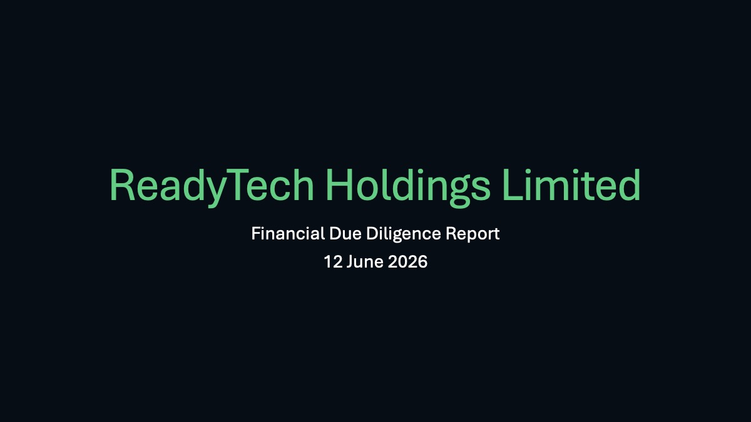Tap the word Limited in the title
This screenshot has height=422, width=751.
[x=571, y=184]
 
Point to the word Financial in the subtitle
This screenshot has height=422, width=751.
[x=288, y=233]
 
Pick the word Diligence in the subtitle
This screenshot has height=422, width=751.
[x=403, y=234]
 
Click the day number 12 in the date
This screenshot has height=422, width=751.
[x=333, y=261]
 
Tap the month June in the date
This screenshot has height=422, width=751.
[x=365, y=261]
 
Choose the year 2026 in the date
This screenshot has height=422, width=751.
[x=407, y=261]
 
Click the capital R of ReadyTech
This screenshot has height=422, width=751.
[x=123, y=185]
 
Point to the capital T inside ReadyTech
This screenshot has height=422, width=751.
[x=237, y=185]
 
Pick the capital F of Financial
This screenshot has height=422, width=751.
[x=257, y=233]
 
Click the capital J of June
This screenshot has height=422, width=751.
[x=350, y=262]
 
